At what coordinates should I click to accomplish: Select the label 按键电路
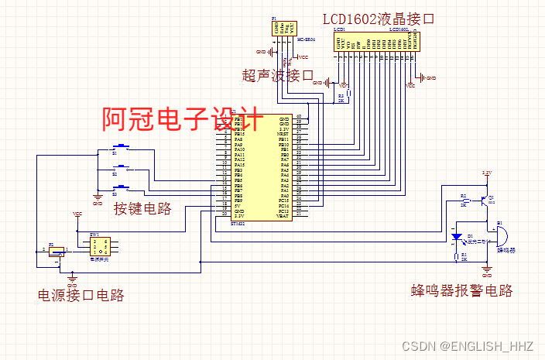tap(142, 208)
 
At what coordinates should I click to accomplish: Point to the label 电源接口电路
tap(81, 295)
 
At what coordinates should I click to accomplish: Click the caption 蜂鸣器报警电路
tap(461, 290)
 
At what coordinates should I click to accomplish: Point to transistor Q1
tap(485, 201)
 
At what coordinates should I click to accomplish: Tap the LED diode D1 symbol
tap(457, 236)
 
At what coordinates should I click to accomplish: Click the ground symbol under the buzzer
tap(487, 269)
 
